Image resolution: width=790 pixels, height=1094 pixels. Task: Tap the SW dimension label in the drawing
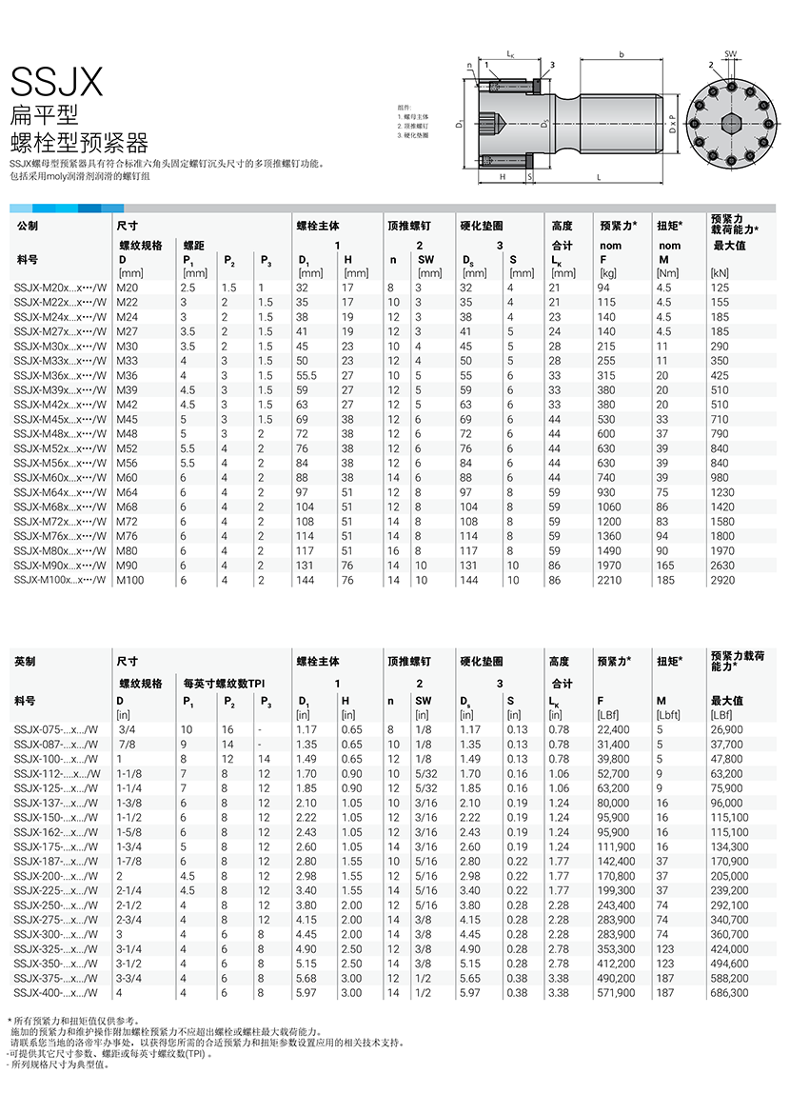coord(731,54)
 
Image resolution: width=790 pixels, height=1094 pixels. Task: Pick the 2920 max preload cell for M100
coord(725,580)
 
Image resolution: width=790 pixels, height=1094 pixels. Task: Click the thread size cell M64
coord(128,492)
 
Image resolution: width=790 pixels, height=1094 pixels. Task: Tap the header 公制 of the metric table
coord(29,226)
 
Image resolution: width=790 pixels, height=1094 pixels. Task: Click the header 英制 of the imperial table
coord(29,661)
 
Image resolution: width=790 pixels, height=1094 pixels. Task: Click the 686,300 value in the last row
coord(729,993)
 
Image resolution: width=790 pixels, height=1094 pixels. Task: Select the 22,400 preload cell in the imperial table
coord(613,729)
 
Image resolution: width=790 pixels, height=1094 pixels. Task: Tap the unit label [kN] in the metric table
coord(721,273)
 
